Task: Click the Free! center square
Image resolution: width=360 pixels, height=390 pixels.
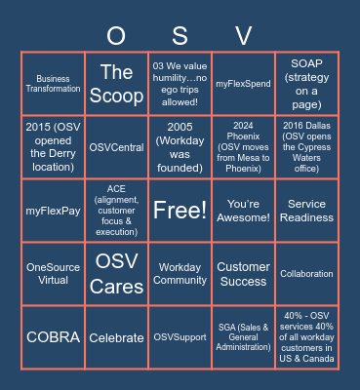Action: [x=180, y=210]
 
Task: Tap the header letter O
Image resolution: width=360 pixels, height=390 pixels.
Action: [x=116, y=36]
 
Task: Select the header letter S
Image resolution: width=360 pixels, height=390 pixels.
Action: [x=180, y=36]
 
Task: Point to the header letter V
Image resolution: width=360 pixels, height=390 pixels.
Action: [x=243, y=36]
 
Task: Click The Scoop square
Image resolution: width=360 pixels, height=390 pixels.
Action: [x=116, y=83]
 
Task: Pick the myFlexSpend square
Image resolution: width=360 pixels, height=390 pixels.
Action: [x=243, y=83]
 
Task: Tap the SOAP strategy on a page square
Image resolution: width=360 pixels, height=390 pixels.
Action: [x=306, y=83]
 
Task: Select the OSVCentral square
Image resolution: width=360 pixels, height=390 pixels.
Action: [x=116, y=146]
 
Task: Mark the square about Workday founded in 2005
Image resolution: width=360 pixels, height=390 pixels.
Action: [x=180, y=146]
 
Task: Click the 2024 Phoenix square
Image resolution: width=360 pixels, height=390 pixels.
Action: [x=243, y=146]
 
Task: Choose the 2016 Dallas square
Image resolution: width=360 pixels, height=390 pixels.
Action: [x=306, y=146]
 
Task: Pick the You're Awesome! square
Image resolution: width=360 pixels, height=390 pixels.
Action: [x=243, y=210]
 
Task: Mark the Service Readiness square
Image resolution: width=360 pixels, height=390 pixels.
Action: [x=306, y=210]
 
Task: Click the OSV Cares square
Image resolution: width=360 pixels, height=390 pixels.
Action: [x=116, y=273]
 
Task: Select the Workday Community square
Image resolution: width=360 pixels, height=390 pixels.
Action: [x=180, y=273]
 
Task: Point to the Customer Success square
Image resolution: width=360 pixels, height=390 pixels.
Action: [x=243, y=273]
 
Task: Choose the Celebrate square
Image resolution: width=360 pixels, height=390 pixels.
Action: [x=116, y=336]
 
